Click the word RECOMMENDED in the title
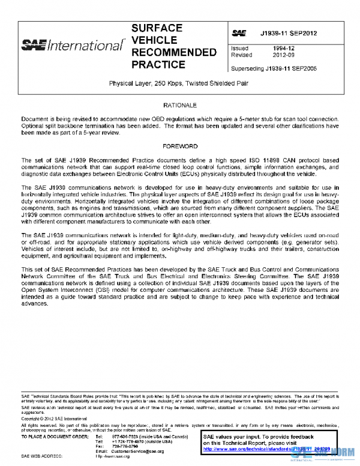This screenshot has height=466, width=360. [x=173, y=52]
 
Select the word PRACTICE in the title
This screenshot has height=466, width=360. [x=158, y=64]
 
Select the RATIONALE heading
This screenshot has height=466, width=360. [x=180, y=105]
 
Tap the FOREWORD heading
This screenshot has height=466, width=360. [x=180, y=146]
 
